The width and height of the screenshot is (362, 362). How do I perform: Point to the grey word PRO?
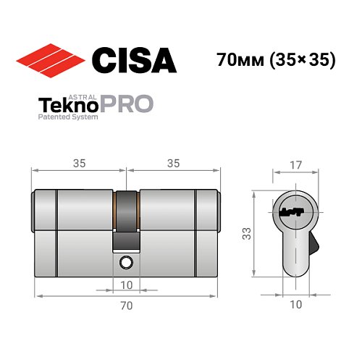pos(126,104)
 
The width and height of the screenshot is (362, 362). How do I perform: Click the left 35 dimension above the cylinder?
pos(80,164)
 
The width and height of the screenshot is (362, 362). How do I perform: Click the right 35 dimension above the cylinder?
pos(172,164)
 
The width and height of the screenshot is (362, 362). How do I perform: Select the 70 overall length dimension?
pos(126,306)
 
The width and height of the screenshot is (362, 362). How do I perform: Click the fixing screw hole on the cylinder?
pos(127,261)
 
